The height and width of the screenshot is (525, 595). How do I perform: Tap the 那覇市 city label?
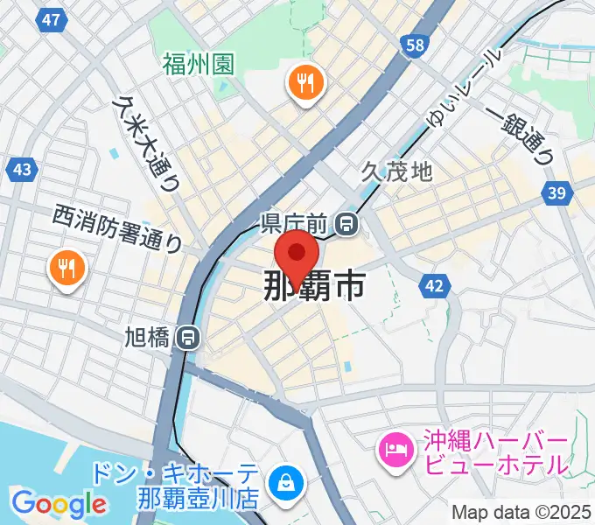tap(314, 286)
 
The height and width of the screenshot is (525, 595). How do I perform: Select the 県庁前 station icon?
tap(348, 224)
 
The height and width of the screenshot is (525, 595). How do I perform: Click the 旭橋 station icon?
tap(185, 337)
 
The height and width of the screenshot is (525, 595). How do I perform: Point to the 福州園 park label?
tap(198, 63)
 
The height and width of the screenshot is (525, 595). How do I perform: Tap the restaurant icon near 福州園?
tap(305, 83)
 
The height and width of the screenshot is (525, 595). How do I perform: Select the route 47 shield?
tap(52, 19)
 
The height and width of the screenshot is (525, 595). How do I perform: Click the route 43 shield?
tap(23, 169)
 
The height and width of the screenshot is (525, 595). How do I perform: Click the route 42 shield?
tap(435, 285)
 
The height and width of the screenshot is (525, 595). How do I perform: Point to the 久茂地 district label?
tap(397, 171)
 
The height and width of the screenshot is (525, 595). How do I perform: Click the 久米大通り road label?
tap(145, 141)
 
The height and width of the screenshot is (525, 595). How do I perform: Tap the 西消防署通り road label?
tap(116, 227)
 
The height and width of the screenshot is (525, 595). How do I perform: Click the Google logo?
tap(59, 504)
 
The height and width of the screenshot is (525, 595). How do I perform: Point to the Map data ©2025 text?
tap(521, 511)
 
